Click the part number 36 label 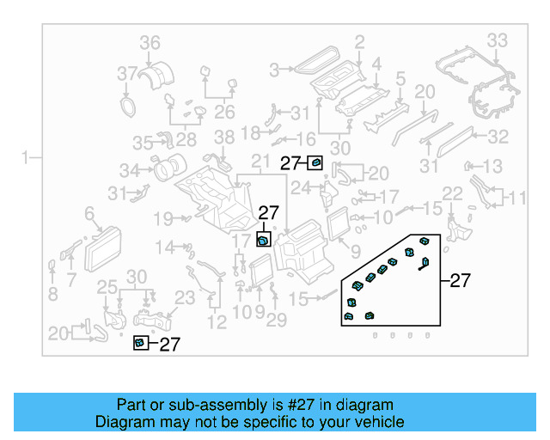(x=150, y=42)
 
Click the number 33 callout (x=498, y=40)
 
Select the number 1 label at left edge (x=26, y=157)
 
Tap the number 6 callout (x=89, y=213)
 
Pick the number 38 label (x=223, y=137)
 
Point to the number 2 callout (x=359, y=40)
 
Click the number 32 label (x=498, y=137)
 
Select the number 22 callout (x=452, y=193)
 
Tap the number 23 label (x=185, y=297)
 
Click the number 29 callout (x=276, y=320)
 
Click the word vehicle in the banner (x=379, y=422)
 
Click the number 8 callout (x=52, y=295)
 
